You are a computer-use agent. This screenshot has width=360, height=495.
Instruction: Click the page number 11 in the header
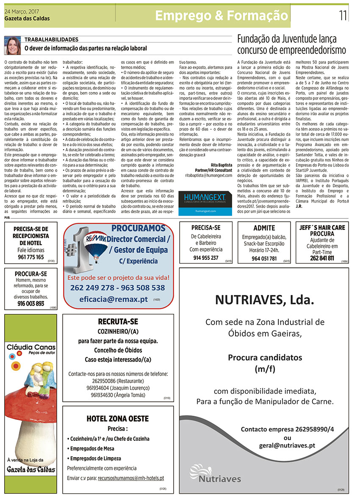point(343,16)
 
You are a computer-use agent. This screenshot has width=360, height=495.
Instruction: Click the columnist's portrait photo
point(13,45)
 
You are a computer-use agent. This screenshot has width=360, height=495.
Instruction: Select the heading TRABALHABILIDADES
point(51,39)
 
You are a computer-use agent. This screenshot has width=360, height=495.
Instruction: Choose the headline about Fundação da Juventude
point(291,44)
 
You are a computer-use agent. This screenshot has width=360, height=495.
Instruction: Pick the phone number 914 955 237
point(206,258)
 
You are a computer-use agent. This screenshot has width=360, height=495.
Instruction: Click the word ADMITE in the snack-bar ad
point(264,228)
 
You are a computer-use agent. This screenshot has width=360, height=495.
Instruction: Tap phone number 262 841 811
point(322,258)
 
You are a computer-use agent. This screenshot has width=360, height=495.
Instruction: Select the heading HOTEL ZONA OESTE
point(118,419)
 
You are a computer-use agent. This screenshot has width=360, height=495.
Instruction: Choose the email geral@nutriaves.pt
point(287,445)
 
